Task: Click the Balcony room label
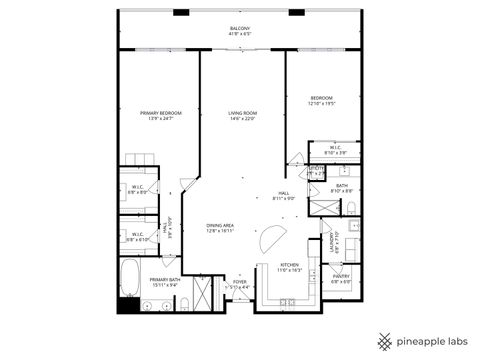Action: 240,28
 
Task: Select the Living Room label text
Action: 242,113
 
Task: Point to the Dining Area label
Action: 221,225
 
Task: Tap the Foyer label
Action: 240,282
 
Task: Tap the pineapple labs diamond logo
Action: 382,340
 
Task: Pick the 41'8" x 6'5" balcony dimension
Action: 240,34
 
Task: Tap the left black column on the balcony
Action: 180,12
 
